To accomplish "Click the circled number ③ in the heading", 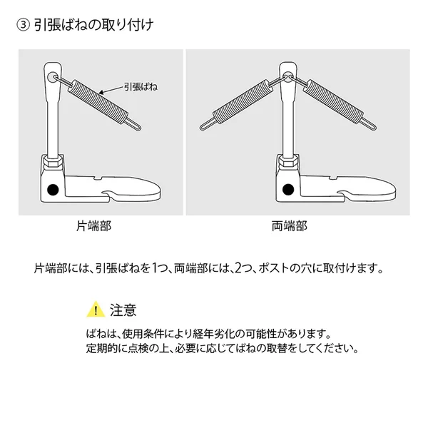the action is tap(23, 26).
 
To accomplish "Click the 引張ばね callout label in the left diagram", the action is tap(141, 87).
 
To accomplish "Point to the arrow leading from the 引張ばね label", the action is tap(112, 90).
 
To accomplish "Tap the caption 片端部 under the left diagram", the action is tap(94, 226).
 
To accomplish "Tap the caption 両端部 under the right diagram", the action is tap(290, 226).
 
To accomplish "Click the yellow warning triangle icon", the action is tap(96, 310).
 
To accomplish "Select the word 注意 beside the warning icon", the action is tap(123, 310).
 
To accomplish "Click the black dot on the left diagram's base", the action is tap(53, 190).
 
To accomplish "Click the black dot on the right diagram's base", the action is tap(288, 190).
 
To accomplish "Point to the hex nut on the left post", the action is tap(53, 163).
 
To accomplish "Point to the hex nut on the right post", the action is tap(288, 162).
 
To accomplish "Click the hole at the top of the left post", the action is tap(52, 77).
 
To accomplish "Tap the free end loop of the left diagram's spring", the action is tap(133, 124).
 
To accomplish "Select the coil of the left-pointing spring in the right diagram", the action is tap(242, 101).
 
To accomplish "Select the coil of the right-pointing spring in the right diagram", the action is tap(333, 101).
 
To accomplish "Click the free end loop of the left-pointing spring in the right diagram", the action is tap(207, 124).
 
